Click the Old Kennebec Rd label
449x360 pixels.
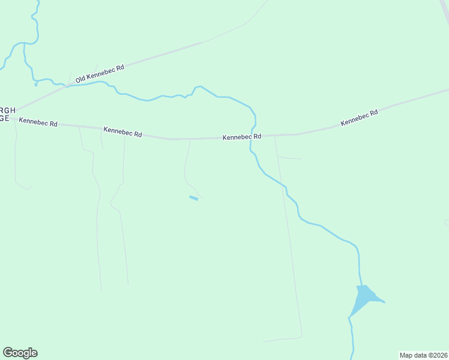point(100,73)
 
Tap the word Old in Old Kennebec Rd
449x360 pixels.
point(80,78)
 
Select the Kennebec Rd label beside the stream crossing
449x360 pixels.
point(242,137)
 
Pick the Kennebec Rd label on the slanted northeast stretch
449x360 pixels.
point(359,117)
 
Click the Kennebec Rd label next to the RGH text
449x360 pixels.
point(38,122)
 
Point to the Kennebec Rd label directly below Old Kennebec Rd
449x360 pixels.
point(122,131)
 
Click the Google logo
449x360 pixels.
point(20,353)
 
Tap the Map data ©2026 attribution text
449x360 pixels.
point(424,355)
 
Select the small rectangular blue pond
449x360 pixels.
point(193,198)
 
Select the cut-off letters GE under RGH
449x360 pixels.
point(4,119)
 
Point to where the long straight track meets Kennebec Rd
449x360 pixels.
point(274,136)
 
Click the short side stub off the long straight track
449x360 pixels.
point(289,158)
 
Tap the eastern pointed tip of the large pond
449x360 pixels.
point(384,302)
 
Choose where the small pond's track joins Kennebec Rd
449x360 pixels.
point(190,139)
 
